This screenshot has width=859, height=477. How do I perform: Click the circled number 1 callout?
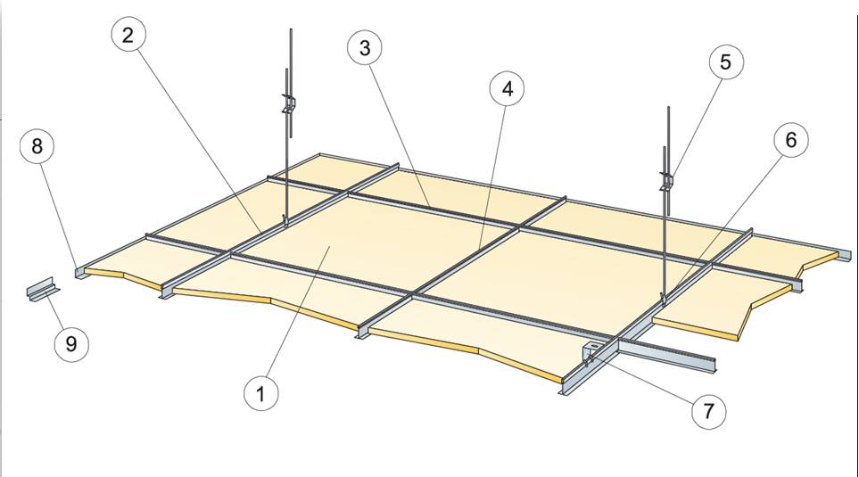(x=260, y=392)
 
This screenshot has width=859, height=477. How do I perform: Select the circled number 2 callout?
(x=129, y=37)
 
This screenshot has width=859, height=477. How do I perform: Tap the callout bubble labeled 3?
(x=365, y=47)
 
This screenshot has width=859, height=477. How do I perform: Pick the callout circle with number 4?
(x=508, y=88)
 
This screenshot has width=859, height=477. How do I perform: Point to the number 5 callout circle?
(x=725, y=62)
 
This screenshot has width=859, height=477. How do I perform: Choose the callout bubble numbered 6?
(x=790, y=140)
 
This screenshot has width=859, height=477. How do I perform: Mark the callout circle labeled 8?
(x=37, y=146)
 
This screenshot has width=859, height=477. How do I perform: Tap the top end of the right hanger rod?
(x=667, y=109)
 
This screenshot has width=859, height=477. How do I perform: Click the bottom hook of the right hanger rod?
(x=663, y=295)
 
